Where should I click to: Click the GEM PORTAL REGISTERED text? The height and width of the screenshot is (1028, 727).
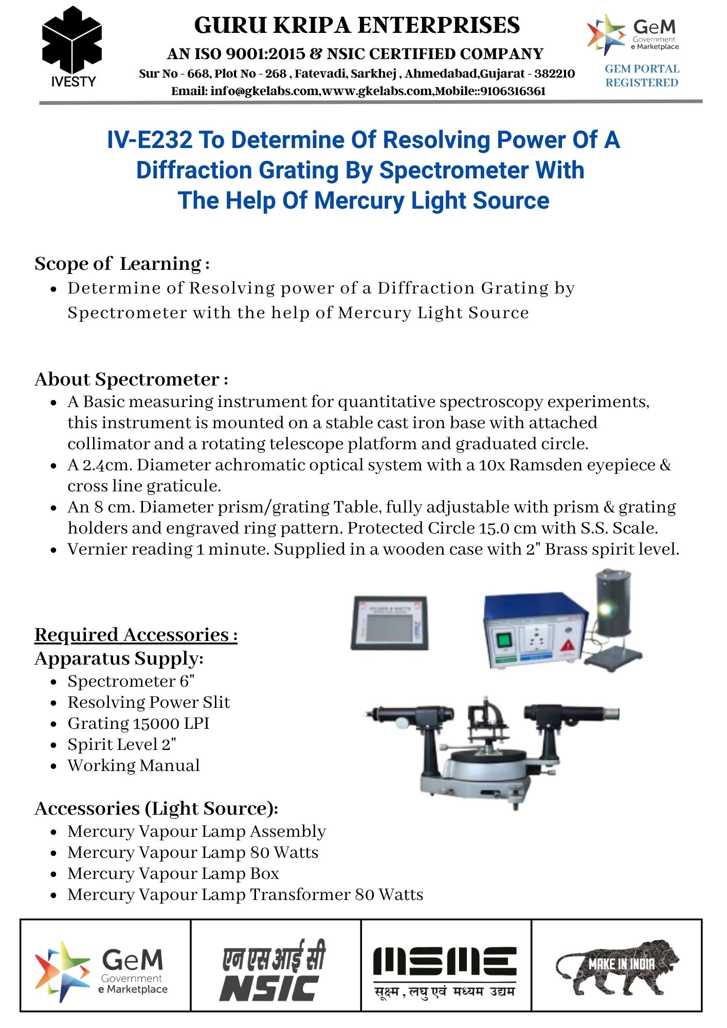(x=642, y=76)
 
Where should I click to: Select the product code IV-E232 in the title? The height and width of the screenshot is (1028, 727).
(x=150, y=140)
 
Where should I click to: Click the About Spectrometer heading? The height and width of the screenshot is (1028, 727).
(x=131, y=379)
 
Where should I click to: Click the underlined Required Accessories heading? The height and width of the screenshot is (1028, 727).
(x=136, y=635)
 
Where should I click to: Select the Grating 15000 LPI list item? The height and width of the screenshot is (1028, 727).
(x=138, y=723)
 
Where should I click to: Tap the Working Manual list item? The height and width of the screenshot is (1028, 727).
(x=134, y=765)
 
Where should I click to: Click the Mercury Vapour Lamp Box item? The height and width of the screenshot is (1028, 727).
(x=173, y=873)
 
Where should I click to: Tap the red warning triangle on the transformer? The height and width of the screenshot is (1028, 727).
(x=567, y=646)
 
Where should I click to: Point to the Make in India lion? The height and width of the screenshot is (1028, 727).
(x=617, y=966)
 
